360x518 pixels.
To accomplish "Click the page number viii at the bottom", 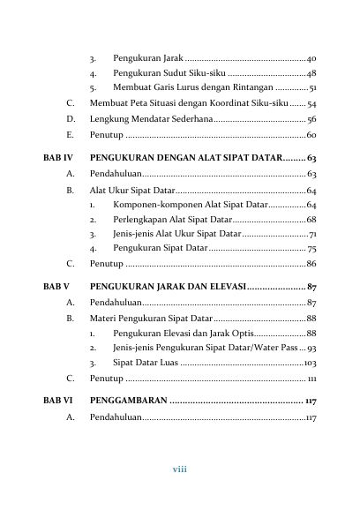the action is (x=180, y=469).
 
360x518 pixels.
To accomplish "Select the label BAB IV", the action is (x=57, y=157).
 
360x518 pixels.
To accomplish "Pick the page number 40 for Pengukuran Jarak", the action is (x=311, y=57).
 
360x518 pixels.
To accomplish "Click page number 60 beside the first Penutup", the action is (x=311, y=135).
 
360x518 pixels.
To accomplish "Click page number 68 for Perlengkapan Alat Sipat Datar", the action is (x=311, y=219).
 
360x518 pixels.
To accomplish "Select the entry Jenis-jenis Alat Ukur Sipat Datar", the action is (x=176, y=234).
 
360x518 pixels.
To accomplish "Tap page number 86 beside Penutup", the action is (x=311, y=264).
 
